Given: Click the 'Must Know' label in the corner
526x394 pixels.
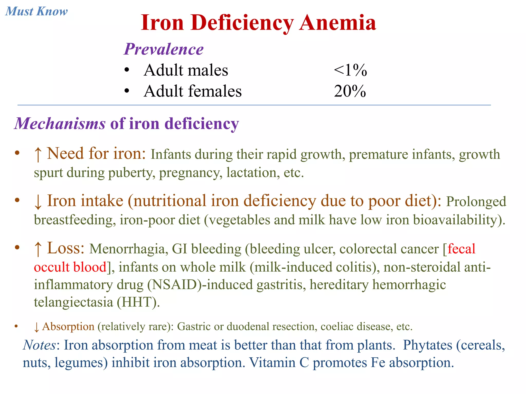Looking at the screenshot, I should click(36, 12).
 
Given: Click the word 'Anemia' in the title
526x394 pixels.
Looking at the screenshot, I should click(337, 23).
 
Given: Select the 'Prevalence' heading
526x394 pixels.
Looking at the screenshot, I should click(164, 49).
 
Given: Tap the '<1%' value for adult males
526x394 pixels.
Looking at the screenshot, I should click(350, 70).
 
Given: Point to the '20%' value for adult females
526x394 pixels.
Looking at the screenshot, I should click(350, 91).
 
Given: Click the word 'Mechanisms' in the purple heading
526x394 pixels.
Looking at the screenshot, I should click(60, 124).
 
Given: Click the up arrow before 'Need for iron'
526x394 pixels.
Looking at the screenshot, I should click(38, 154).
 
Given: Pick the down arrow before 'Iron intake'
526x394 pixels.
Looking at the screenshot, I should click(38, 201).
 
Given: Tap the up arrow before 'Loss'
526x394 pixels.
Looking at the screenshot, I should click(38, 249).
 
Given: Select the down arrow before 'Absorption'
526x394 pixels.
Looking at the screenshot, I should click(36, 327).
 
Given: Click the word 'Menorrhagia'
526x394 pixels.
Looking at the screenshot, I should click(127, 249).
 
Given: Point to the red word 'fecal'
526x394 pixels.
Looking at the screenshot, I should click(461, 249).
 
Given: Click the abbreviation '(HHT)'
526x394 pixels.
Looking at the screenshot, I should click(138, 302).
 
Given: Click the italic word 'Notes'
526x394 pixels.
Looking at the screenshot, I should click(39, 345).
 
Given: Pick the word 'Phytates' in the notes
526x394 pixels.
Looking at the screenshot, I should click(427, 345).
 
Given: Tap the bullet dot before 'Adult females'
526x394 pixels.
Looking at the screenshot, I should click(126, 91).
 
